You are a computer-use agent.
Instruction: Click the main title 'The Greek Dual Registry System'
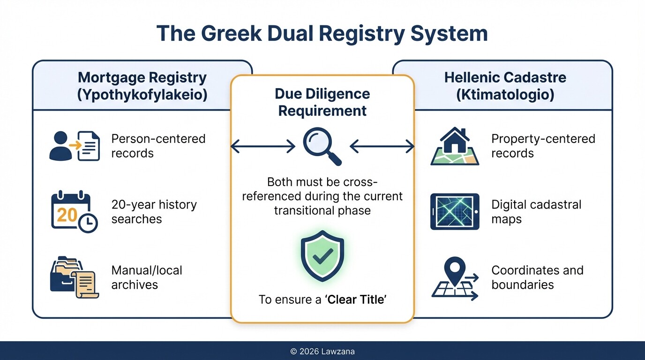click(x=322, y=34)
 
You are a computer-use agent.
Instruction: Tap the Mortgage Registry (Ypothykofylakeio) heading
click(x=142, y=86)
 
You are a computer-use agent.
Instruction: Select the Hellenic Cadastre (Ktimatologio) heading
click(x=505, y=86)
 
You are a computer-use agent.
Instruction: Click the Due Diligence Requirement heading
click(x=322, y=102)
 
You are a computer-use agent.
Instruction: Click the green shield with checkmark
click(x=322, y=255)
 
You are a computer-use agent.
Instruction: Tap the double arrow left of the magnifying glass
click(x=263, y=147)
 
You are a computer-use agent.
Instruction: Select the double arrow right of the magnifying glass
click(x=382, y=147)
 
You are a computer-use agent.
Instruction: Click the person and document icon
click(x=75, y=146)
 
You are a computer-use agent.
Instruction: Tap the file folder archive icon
click(x=74, y=277)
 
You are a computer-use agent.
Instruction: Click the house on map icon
click(x=454, y=146)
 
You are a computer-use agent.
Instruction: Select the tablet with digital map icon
click(x=454, y=211)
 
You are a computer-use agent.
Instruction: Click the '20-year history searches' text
click(x=154, y=211)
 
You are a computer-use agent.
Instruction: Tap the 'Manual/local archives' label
click(x=146, y=277)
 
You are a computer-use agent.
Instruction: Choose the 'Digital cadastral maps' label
click(x=536, y=211)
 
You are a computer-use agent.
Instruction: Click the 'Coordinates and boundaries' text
click(x=537, y=277)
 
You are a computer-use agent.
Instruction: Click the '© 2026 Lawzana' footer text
click(x=322, y=351)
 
